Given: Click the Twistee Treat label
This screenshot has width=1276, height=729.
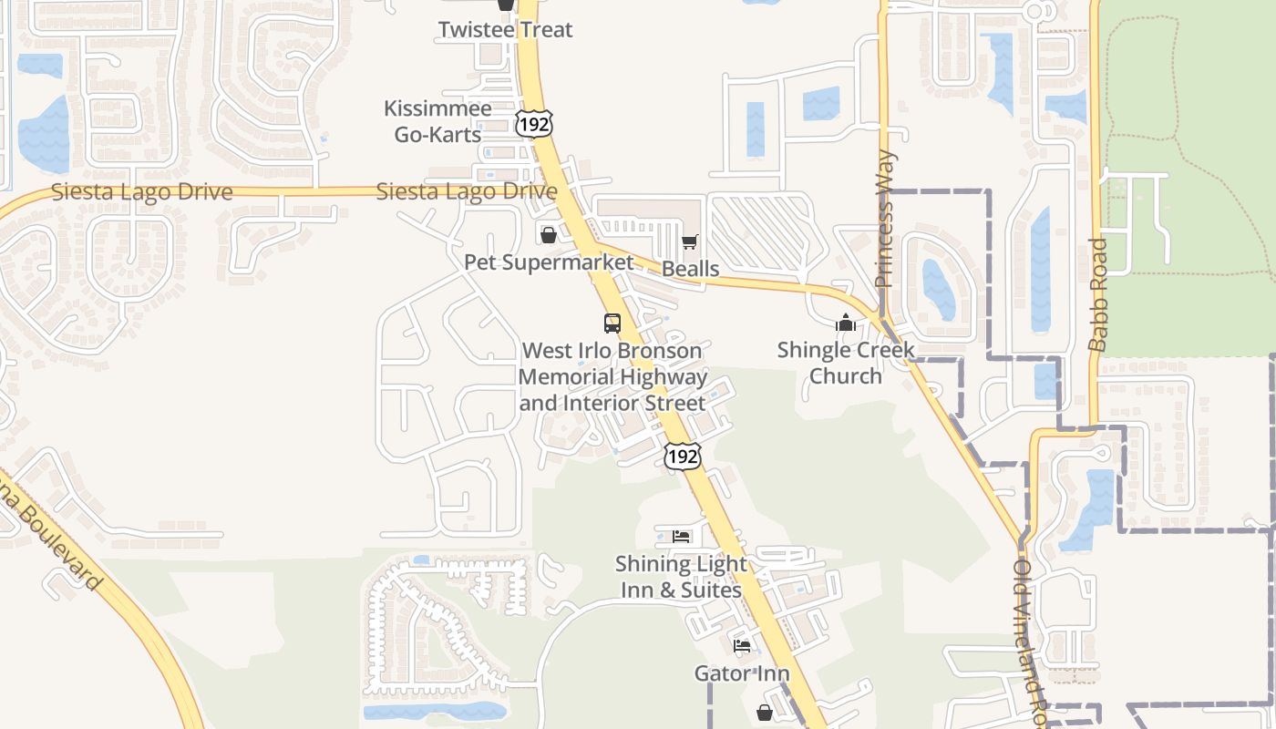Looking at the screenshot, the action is pos(505,29).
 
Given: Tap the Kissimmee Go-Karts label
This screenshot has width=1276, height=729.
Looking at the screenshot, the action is pos(437,121).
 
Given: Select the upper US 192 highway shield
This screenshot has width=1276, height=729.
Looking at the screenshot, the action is pos(533,123).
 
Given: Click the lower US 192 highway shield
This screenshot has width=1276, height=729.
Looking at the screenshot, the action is pos(683,456).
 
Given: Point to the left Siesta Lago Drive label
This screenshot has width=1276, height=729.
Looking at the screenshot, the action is pos(141,192).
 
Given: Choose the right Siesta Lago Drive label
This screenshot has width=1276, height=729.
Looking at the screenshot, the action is pos(466,191).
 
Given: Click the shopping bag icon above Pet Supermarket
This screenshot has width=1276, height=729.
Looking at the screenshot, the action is pos(548,235).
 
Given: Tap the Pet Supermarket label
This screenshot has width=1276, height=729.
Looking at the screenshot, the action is pos(548,262).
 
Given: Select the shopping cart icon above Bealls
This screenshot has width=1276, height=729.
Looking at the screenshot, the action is pos(690,242).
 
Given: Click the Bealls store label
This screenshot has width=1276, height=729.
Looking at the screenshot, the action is pos(690,269).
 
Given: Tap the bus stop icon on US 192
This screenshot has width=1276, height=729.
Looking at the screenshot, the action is pos(612,323).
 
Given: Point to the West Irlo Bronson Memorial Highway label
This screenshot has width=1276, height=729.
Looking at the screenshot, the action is pos(612,376).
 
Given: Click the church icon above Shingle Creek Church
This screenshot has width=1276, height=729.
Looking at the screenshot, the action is pos(846,323).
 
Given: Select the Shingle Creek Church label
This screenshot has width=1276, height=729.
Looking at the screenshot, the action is pos(846,363).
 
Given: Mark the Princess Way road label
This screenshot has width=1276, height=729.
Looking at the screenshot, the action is pos(884,219).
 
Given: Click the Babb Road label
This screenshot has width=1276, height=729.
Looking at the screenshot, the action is pos(1098,294).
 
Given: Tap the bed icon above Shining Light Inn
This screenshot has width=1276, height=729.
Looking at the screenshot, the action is pos(681,536).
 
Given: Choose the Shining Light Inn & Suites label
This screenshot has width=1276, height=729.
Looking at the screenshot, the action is pos(681,577).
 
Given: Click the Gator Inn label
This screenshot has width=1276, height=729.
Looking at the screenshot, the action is pos(742,673).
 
